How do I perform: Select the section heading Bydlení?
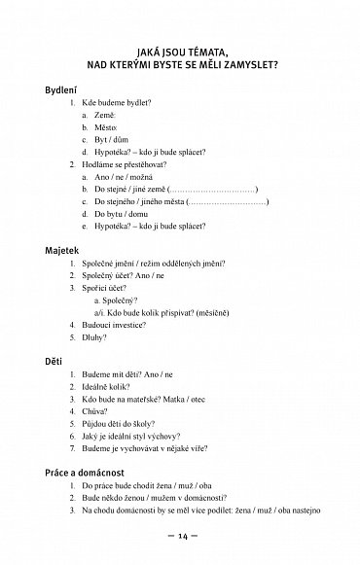click(x=64, y=89)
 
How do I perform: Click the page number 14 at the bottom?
click(x=182, y=539)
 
